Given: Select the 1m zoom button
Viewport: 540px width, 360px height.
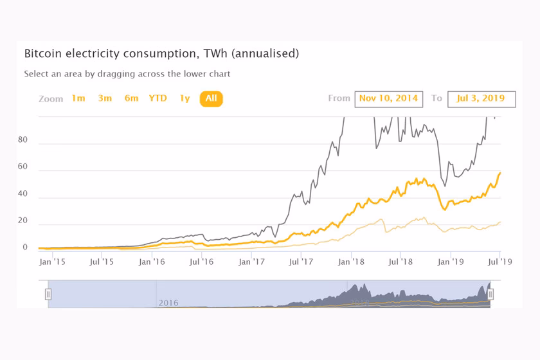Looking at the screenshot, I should coord(78,98).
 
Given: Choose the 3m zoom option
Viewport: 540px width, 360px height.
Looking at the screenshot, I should coord(105,98).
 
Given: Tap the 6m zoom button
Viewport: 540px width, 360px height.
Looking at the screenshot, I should coord(131,98).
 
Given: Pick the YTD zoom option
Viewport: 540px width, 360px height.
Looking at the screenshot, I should coord(157,98).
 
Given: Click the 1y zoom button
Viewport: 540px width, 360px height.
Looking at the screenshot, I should coord(184,98).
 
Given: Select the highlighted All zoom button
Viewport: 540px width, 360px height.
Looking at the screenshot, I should coord(211,98).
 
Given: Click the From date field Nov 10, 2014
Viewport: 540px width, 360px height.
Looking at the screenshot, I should coord(388,98).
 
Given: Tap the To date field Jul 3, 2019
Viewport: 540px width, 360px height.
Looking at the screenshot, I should coord(482,98).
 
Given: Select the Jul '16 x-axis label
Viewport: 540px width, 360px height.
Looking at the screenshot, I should coord(201,262).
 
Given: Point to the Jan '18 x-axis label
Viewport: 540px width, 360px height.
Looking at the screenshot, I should coord(352,262).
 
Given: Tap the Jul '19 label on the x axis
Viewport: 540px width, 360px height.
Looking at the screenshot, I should coord(501,262).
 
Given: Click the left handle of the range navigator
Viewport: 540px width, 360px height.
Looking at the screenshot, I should coord(48,294).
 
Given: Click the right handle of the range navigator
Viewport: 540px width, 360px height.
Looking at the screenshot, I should coord(491,294).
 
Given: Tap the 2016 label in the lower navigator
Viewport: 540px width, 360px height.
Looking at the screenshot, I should coord(168,303).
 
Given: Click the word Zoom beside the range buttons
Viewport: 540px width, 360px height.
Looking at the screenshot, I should coord(51,99).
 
